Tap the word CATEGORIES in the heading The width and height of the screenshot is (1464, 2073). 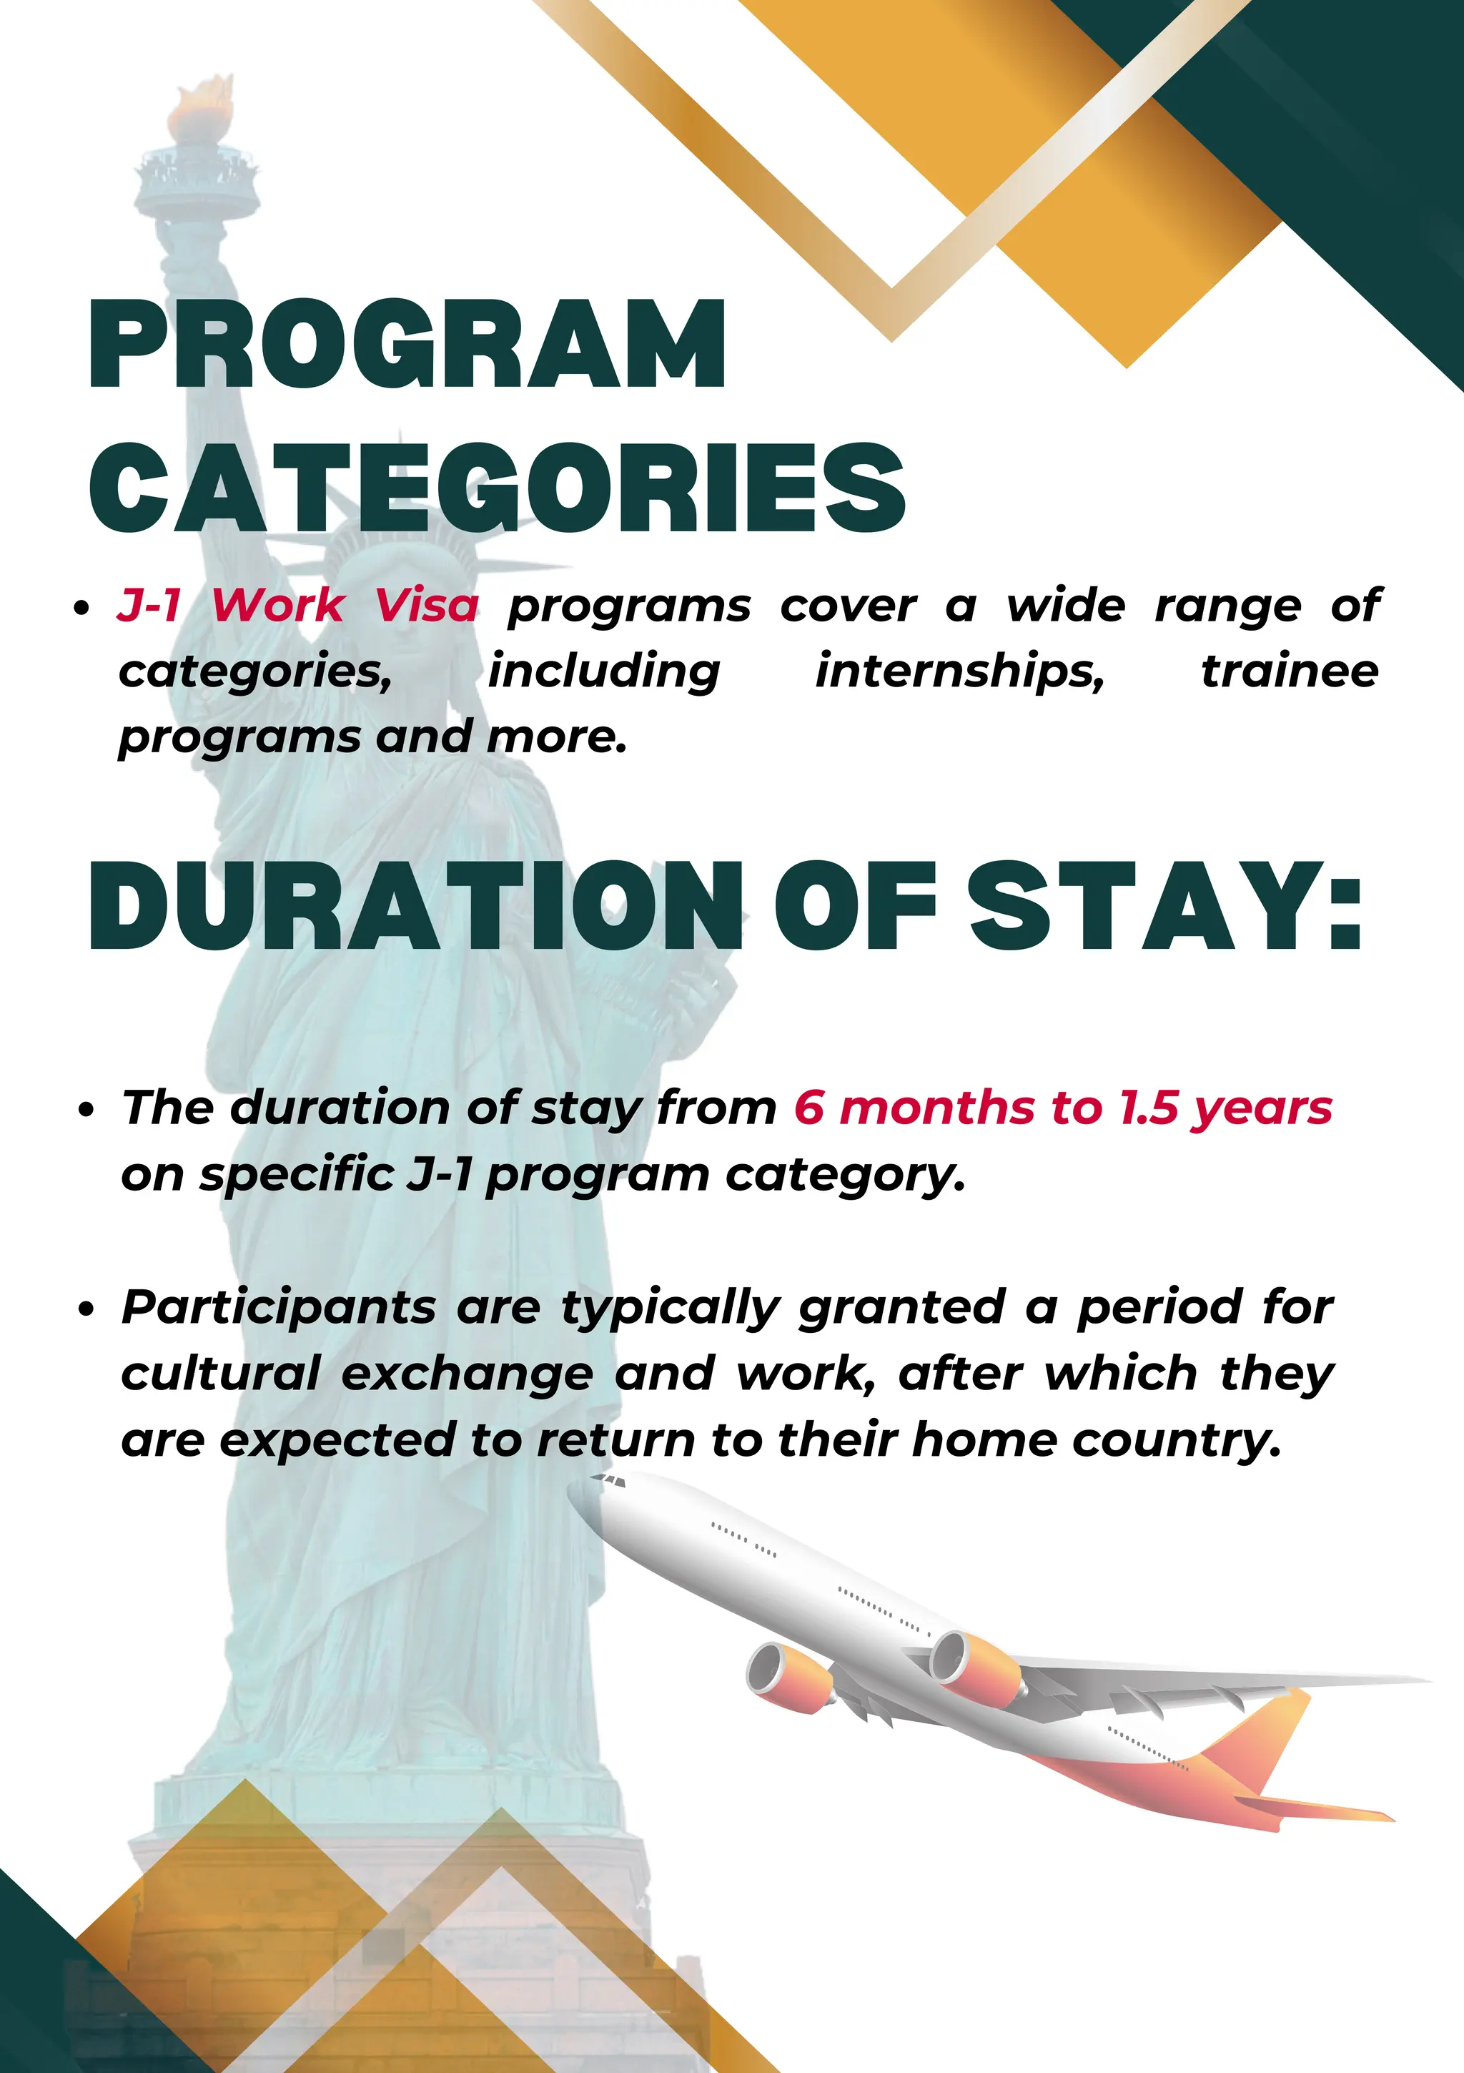[498, 488]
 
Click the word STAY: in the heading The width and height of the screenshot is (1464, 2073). [1165, 905]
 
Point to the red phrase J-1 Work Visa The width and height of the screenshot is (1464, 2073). [299, 605]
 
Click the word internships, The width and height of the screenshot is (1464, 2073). [959, 671]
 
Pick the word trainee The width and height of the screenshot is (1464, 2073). [1289, 671]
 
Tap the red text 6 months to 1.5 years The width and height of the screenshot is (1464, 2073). [1063, 1108]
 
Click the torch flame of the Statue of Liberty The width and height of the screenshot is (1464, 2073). [199, 107]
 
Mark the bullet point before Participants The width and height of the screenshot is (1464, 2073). [86, 1309]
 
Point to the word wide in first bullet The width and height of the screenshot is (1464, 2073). [1066, 605]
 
